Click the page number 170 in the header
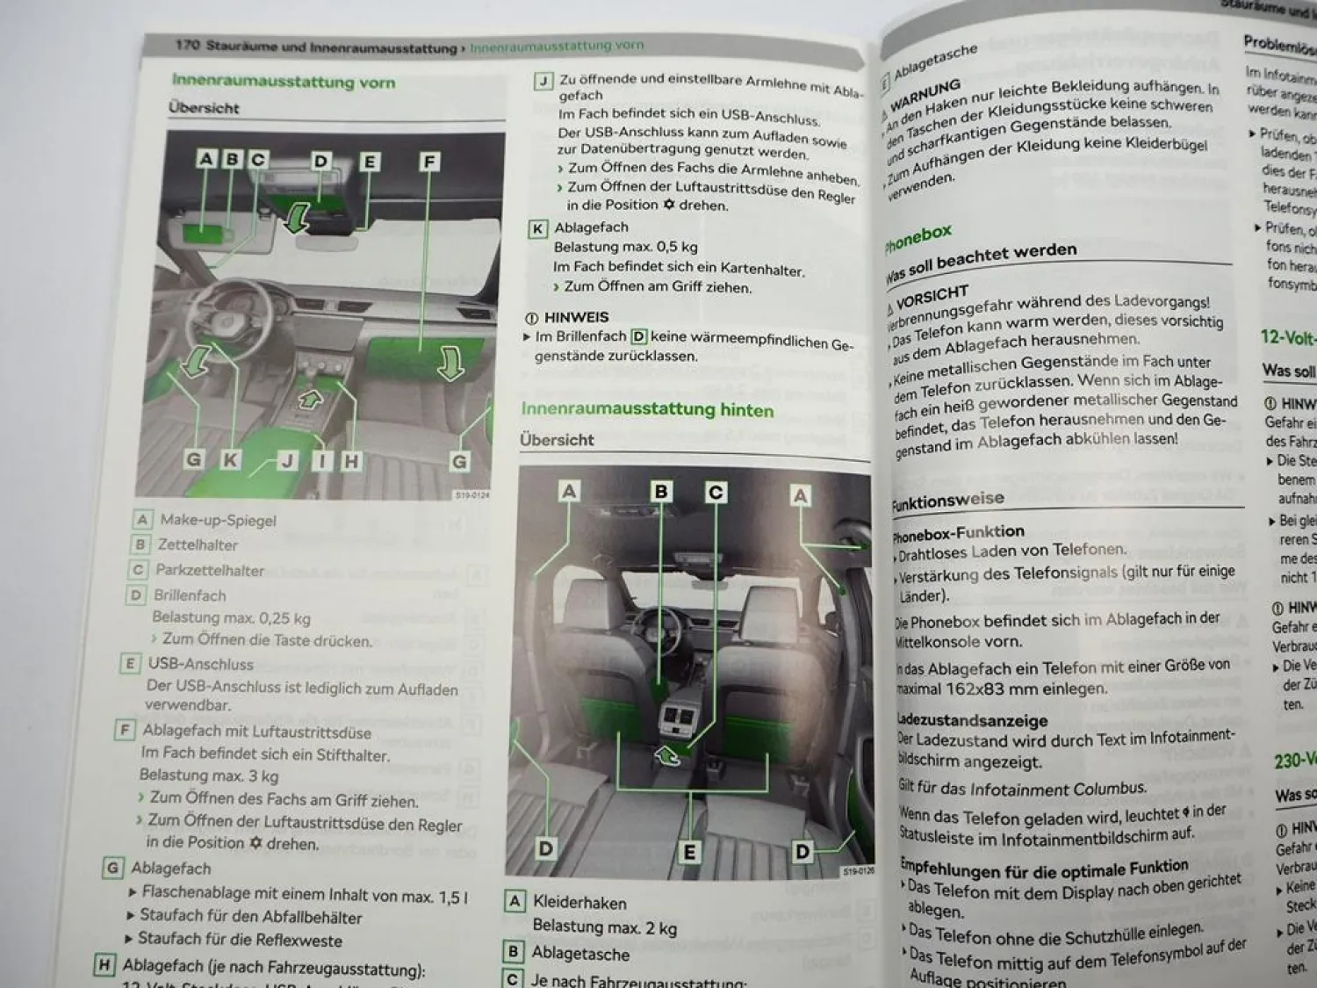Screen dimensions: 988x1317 (187, 44)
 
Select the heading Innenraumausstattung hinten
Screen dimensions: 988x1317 (647, 409)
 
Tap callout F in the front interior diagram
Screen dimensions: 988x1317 (429, 162)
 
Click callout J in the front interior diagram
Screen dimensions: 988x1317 (287, 461)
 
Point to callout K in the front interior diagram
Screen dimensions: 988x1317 (230, 459)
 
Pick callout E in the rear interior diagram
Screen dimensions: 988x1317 (689, 851)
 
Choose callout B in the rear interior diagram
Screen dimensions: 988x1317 (661, 491)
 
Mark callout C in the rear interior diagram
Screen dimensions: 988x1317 (716, 492)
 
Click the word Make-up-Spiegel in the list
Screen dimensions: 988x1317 (218, 520)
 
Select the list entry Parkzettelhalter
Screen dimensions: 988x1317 (210, 570)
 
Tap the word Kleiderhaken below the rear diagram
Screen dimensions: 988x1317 (579, 903)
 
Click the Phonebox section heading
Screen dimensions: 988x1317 (918, 238)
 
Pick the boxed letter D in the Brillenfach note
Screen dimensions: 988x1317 (638, 336)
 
